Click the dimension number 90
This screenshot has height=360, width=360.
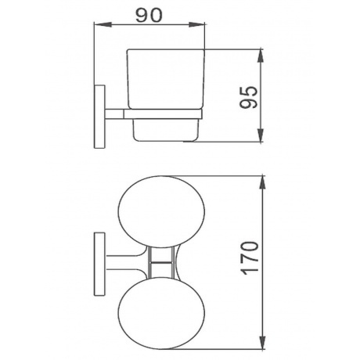pos(149,15)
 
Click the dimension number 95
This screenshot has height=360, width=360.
pos(248,97)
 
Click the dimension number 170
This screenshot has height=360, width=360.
pos(250,258)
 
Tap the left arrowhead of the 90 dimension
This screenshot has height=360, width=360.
pos(103,25)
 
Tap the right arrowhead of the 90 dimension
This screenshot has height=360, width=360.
pos(197,25)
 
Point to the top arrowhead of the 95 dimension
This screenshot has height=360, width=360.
pos(261,56)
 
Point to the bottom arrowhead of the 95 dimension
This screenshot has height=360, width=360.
pos(261,135)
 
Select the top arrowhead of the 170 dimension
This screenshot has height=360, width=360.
pos(262,183)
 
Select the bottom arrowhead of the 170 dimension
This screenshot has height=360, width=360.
pos(262,341)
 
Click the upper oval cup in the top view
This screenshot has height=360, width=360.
pos(161,211)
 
